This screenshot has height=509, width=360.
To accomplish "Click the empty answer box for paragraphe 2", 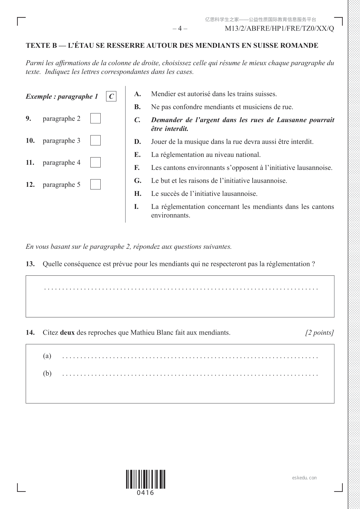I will tap(95, 118).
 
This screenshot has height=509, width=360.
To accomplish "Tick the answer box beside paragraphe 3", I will tap(95, 140).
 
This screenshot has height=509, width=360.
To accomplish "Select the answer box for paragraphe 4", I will tap(95, 162).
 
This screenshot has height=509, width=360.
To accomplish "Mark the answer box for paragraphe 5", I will tap(95, 184).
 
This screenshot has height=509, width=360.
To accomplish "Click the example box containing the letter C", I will tap(111, 96).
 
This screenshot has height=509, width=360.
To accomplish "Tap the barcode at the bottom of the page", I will tap(145, 479).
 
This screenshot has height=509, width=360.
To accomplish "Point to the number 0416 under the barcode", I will tap(145, 493).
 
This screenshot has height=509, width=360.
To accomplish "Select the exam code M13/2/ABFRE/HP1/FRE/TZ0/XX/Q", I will tap(279, 29).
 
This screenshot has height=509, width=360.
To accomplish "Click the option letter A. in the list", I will tap(138, 94).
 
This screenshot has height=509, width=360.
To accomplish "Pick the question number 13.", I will tap(30, 264).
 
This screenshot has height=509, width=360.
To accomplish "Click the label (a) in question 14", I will tap(47, 356).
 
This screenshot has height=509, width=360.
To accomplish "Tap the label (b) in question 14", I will tap(47, 374).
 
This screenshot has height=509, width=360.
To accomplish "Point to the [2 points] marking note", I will tap(319, 332).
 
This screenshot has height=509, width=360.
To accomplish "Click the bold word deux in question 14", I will tap(67, 332).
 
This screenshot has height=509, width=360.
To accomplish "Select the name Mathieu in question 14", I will tap(142, 332).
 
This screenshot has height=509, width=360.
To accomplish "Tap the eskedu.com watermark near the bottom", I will tap(304, 478).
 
